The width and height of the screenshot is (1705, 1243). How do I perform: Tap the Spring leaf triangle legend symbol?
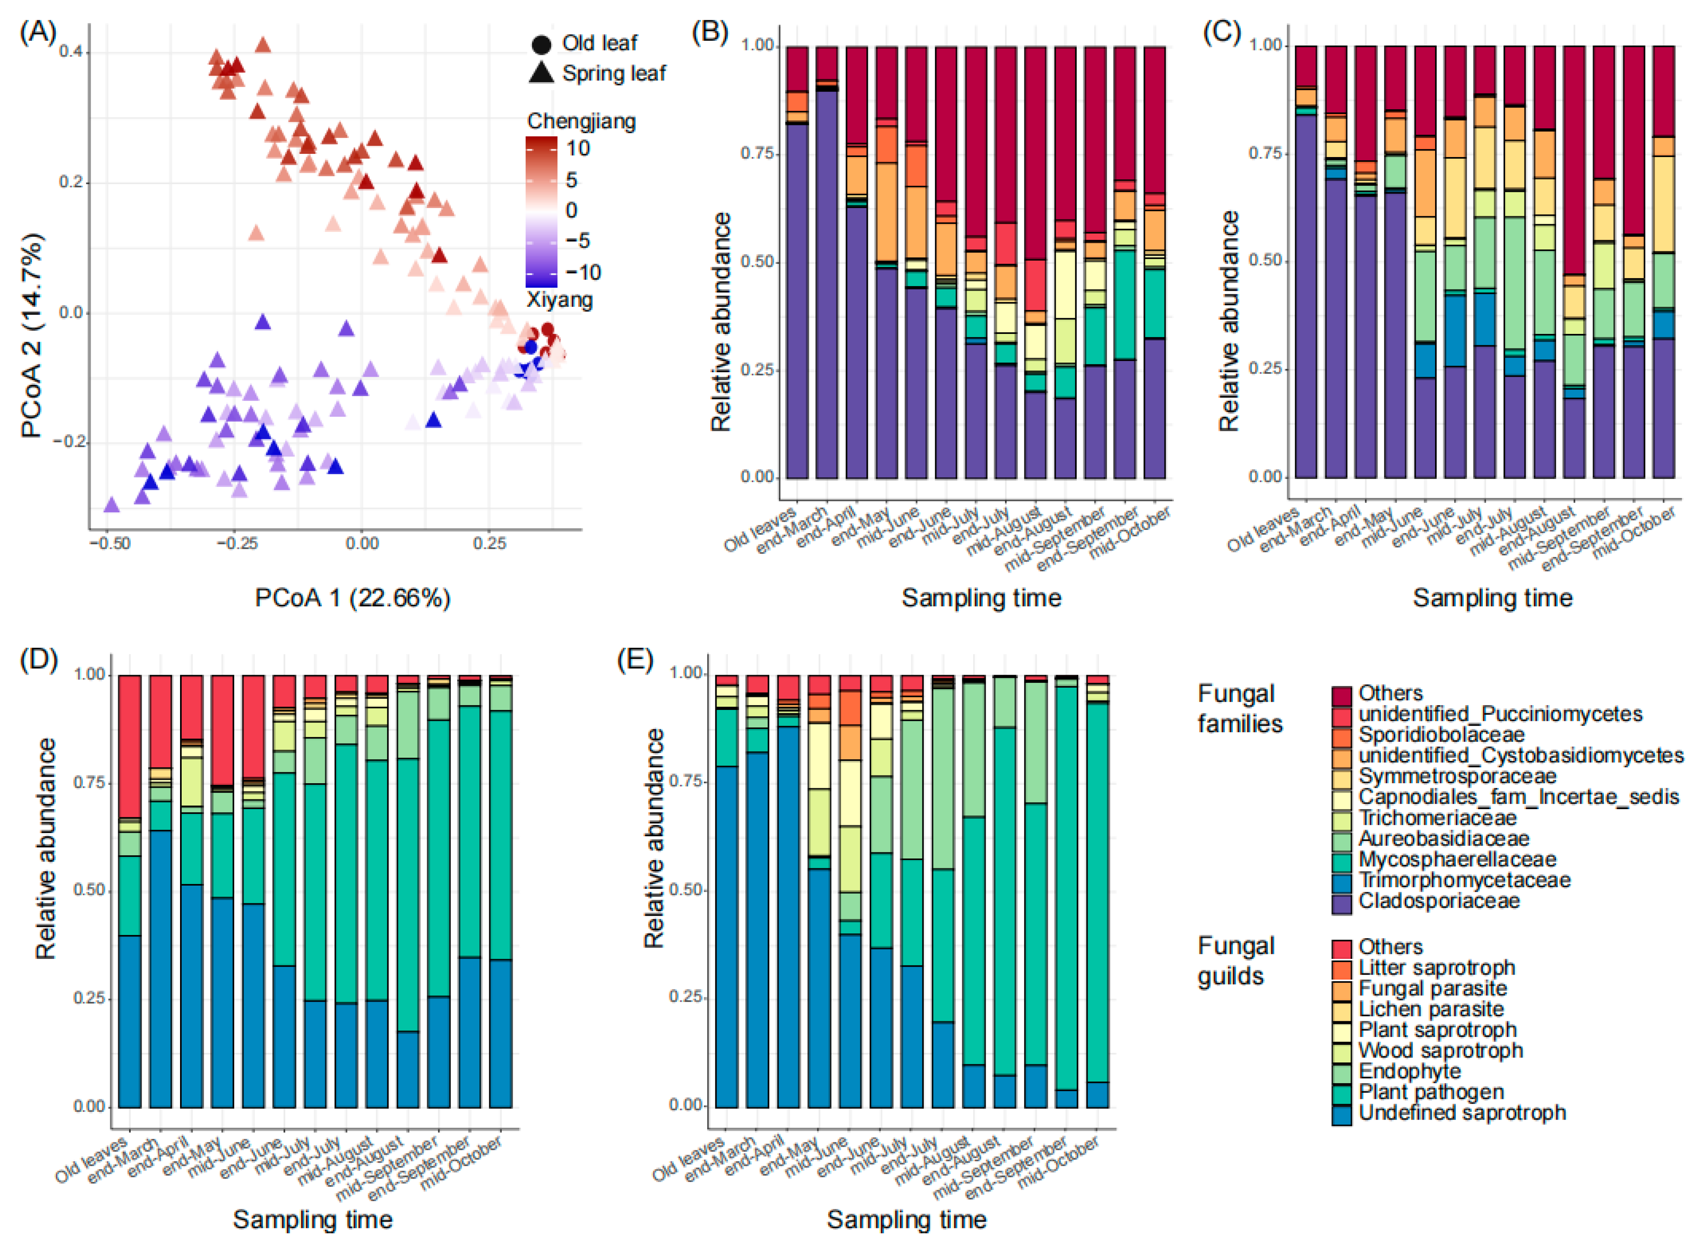(541, 73)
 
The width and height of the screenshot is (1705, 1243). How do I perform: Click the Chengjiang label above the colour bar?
(581, 121)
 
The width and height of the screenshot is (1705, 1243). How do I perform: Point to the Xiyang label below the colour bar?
(560, 300)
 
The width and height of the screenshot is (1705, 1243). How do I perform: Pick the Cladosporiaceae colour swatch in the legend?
(1341, 903)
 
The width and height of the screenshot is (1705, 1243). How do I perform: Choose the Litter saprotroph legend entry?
(1436, 968)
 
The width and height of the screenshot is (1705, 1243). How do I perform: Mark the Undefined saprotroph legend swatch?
(1341, 1114)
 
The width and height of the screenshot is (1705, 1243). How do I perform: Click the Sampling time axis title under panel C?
(1492, 598)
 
